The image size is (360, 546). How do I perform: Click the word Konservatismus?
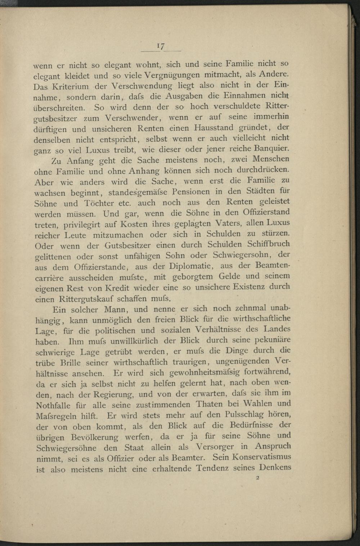[262, 457]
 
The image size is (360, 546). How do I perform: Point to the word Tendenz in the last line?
[213, 469]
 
